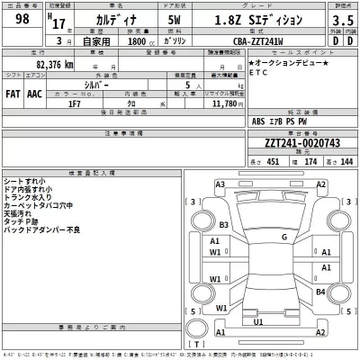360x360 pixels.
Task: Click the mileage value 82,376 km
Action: (42, 65)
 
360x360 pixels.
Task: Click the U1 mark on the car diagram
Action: (258, 321)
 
